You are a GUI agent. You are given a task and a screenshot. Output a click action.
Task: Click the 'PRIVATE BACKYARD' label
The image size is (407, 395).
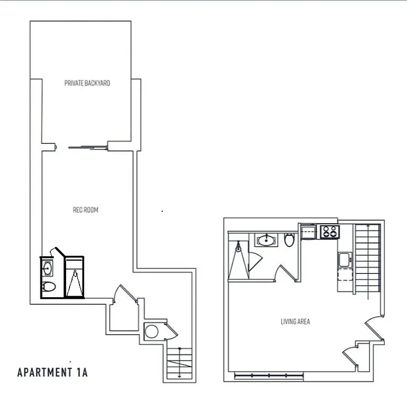coord(87,83)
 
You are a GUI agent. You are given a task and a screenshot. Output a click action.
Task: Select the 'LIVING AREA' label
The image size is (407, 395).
coord(295,321)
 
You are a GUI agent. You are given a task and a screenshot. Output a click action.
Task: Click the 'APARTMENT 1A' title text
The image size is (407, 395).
coord(52,372)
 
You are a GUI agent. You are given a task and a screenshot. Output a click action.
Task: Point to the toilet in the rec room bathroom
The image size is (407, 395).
coord(48,287)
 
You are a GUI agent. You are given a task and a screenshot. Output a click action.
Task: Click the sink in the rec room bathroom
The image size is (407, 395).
coord(48,269)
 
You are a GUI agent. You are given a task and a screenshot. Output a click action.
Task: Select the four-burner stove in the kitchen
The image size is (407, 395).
coord(329,231)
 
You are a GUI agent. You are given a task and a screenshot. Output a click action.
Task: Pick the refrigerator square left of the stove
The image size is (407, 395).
coord(309,231)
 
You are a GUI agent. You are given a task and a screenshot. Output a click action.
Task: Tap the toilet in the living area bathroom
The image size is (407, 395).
coord(289,240)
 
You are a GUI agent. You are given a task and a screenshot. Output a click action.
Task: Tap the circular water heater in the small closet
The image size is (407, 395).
coord(152,331)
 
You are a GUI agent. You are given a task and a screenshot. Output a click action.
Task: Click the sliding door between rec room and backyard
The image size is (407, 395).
coord(87,146)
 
